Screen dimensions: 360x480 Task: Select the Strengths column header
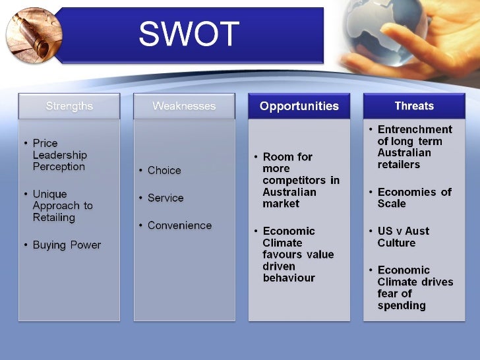[x=69, y=106]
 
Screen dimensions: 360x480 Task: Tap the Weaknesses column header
[x=184, y=106]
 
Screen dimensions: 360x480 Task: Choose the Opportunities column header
[x=299, y=106]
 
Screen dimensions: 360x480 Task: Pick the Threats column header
[x=414, y=106]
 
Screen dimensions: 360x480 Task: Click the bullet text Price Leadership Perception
[x=59, y=155]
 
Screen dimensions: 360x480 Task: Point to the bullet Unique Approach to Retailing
[x=62, y=206]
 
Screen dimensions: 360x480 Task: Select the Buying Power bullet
[x=67, y=245]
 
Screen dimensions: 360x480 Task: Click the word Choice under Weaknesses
[x=164, y=170]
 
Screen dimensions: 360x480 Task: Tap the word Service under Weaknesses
[x=165, y=198]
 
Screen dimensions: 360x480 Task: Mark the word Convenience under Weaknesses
[x=179, y=225]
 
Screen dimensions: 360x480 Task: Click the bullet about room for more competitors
[x=300, y=180]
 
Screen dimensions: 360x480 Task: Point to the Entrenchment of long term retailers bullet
[x=414, y=147]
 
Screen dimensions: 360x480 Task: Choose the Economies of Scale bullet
[x=414, y=198]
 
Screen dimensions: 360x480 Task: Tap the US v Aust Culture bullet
[x=403, y=237]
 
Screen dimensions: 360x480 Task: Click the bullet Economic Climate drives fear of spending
[x=415, y=287]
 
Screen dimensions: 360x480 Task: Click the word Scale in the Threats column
[x=392, y=204]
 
